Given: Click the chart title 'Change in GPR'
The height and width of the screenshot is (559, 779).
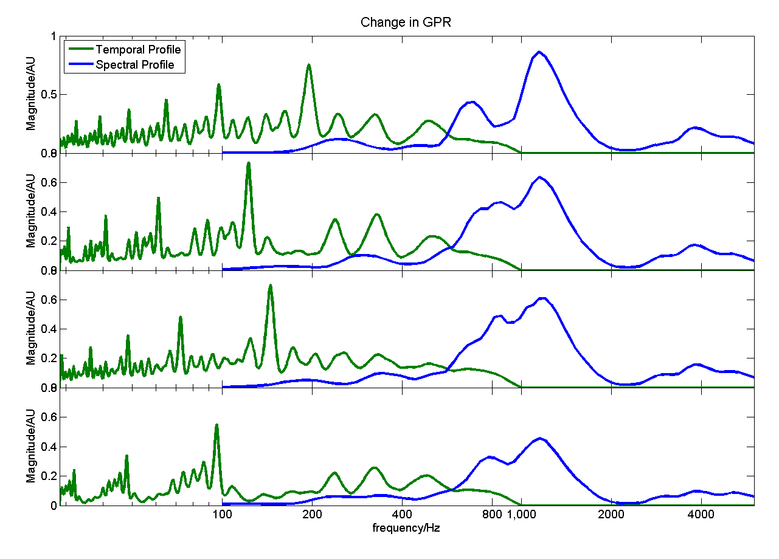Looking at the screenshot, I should [406, 22].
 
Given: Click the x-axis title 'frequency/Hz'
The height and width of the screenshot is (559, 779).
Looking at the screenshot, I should [406, 527].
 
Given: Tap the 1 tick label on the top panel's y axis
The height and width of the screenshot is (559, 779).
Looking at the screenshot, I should [53, 36].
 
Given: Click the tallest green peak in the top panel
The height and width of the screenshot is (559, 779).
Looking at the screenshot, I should [309, 65].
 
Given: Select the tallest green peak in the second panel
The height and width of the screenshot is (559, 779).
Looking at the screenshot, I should [248, 163].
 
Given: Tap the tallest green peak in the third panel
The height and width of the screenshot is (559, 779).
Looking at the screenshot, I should [270, 285].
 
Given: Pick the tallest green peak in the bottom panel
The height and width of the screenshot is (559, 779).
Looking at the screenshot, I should [216, 425].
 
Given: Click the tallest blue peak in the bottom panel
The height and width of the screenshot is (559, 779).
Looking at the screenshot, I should [539, 438].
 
